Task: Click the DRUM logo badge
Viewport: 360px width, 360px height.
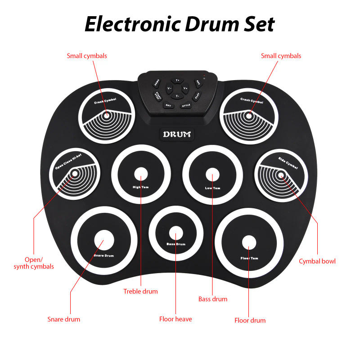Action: point(177,134)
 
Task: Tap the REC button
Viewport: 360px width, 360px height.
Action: point(197,83)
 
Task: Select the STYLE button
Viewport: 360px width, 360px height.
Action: point(186,105)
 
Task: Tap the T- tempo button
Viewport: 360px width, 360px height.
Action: point(177,96)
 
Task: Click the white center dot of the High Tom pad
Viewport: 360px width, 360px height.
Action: point(141,174)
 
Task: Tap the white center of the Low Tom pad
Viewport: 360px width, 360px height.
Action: point(212,174)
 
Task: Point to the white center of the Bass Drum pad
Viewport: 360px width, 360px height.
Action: point(176,233)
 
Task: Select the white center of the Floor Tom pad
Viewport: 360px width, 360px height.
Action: point(248,243)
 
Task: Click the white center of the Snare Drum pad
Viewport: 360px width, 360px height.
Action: point(104,240)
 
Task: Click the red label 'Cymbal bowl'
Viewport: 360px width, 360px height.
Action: point(317,261)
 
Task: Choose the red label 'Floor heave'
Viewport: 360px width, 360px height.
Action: point(175,319)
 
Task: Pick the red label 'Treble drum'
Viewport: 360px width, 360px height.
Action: point(140,291)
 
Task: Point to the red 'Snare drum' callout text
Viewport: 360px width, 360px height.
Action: point(64,319)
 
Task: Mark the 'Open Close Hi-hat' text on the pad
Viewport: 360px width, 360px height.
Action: point(68,162)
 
